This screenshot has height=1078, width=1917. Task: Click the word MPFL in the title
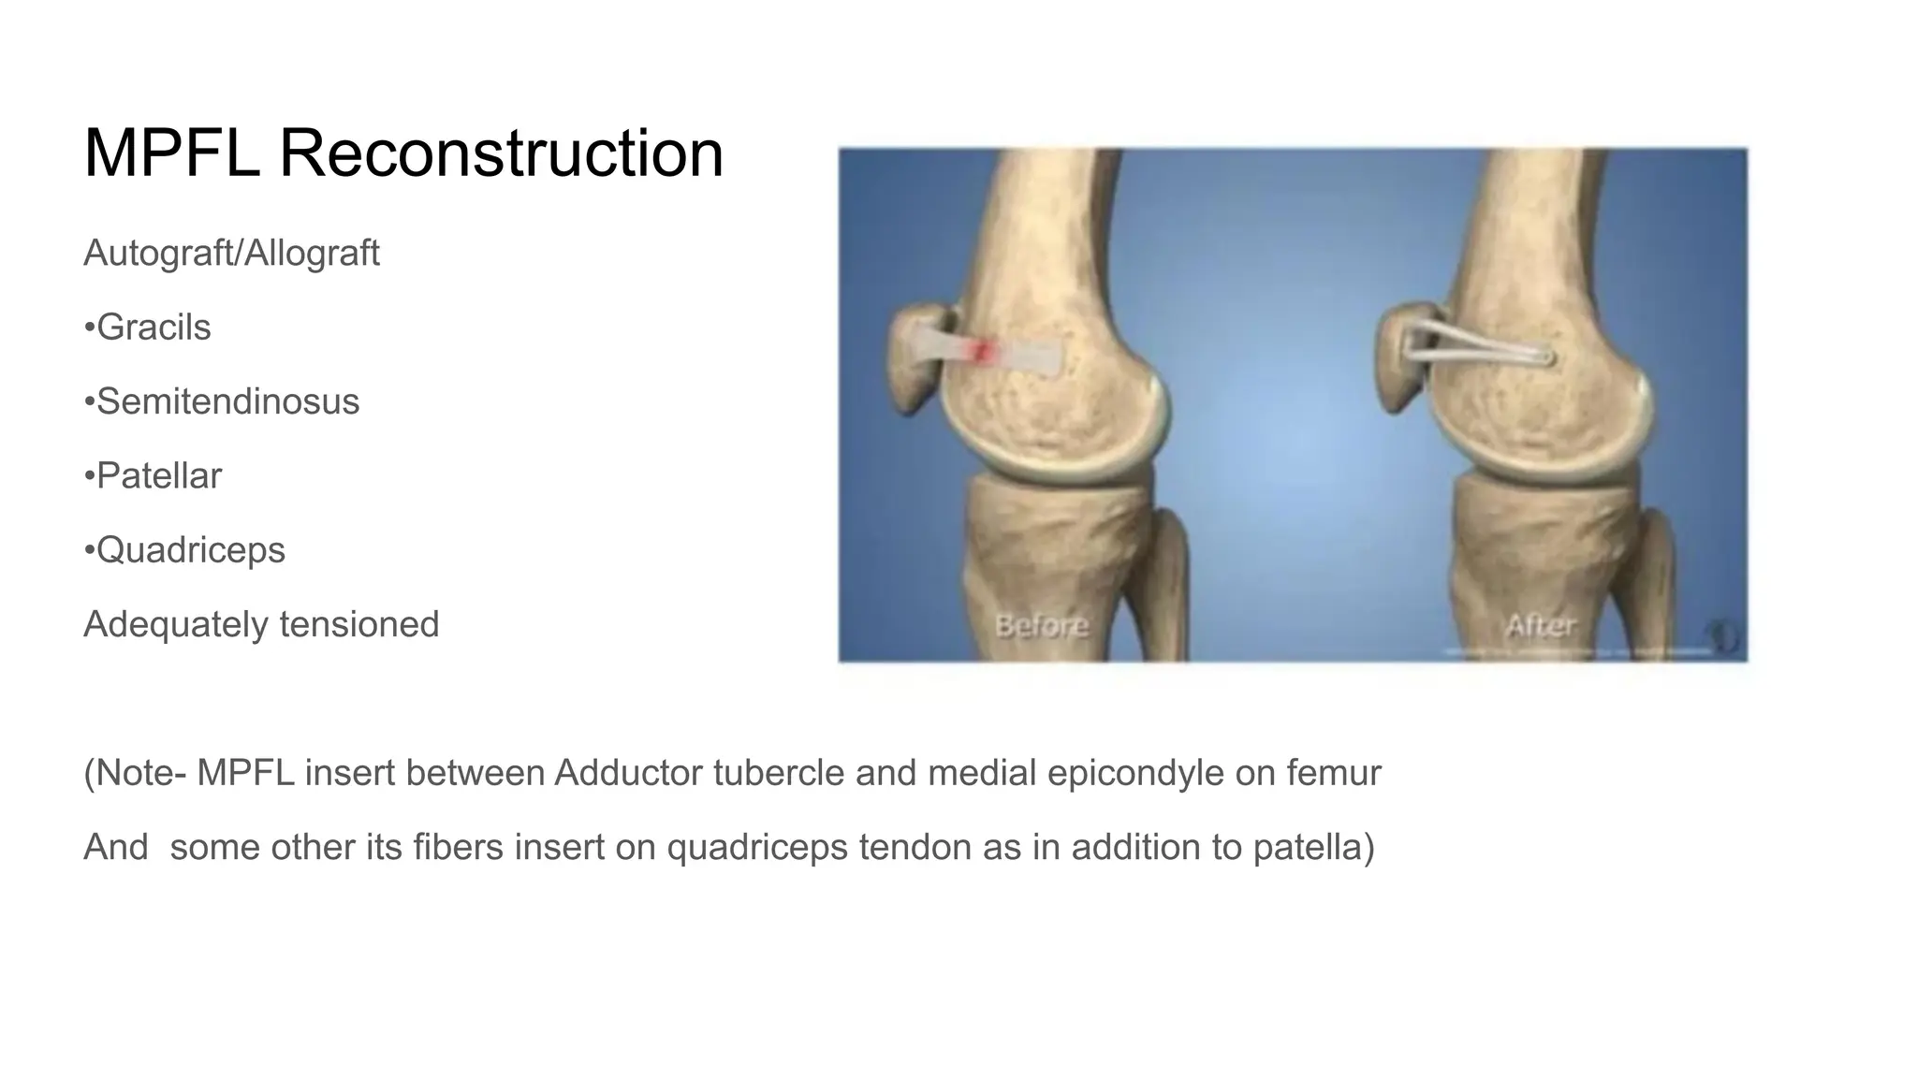tap(171, 153)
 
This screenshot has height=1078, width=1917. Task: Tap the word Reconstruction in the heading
tap(501, 153)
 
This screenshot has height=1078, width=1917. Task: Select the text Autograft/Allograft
tap(231, 254)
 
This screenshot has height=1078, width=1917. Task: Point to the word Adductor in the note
tap(627, 773)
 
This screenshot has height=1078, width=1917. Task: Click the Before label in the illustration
tap(1041, 625)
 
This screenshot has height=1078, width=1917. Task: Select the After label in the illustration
tap(1540, 625)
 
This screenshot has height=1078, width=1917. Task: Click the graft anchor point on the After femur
tap(1545, 357)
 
